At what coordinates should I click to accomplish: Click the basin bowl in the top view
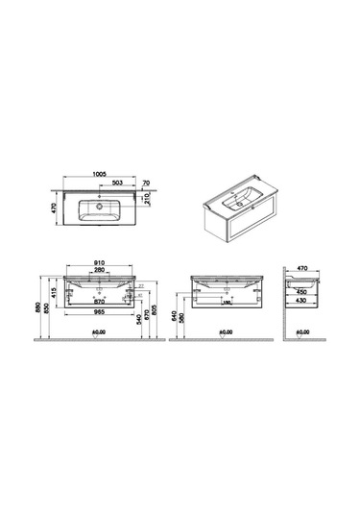[97, 208]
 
